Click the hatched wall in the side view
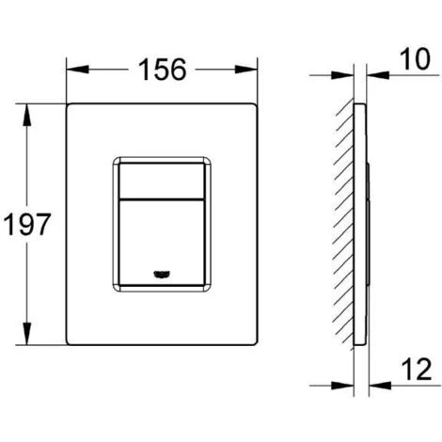344,226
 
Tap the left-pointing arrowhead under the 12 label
373,383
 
